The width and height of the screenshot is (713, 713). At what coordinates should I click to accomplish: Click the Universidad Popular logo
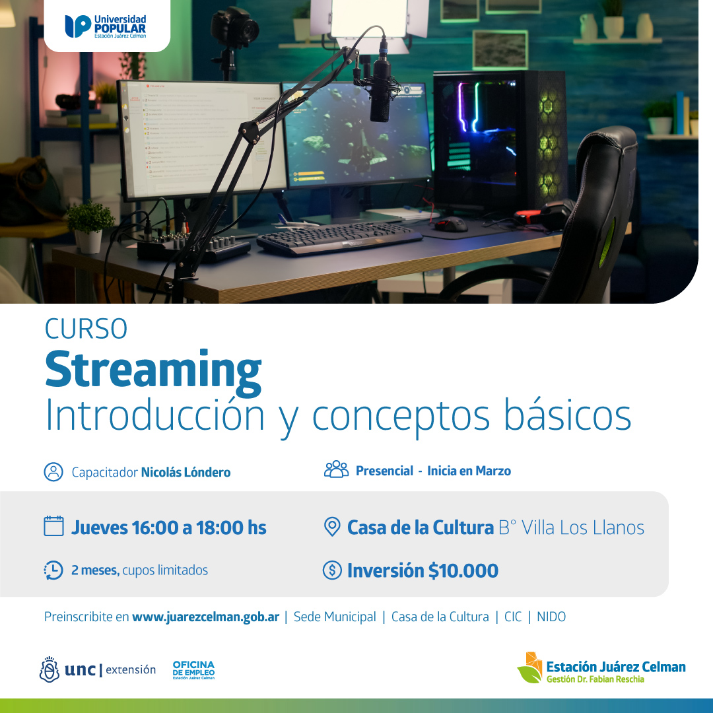[106, 26]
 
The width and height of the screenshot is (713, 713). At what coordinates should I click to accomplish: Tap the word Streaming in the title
[153, 370]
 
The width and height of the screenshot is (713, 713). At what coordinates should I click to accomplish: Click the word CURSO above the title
[86, 328]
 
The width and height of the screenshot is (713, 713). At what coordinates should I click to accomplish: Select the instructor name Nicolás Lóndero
[186, 472]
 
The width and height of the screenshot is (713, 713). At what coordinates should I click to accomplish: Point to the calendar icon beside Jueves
[53, 526]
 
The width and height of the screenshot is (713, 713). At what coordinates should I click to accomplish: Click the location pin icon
[332, 527]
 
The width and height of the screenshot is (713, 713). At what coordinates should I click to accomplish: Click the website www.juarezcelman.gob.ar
[205, 617]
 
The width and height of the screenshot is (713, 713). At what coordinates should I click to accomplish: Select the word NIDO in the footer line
[551, 617]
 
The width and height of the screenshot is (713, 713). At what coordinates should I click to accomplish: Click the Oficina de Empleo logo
[193, 670]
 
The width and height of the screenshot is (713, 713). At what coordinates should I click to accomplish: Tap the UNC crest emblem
[49, 669]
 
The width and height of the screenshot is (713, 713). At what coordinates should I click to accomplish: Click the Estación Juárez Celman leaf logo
[530, 667]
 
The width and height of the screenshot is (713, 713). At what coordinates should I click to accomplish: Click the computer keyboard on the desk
[339, 238]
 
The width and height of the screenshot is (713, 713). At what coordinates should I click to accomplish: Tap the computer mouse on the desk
[451, 224]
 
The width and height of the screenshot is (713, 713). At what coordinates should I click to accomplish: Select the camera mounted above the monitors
[235, 27]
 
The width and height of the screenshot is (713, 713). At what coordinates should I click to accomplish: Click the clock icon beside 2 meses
[53, 570]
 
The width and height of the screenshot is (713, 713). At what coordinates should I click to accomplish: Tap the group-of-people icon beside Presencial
[336, 469]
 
